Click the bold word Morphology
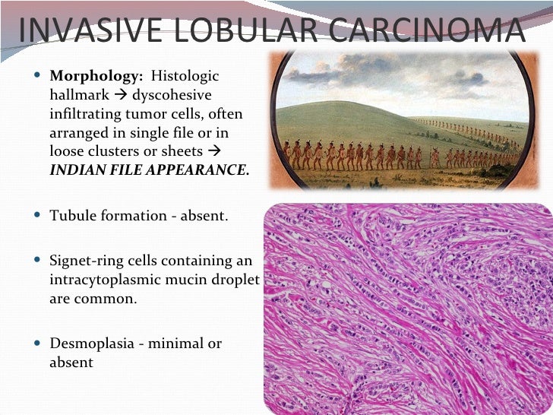point(96,77)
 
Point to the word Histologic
point(185,77)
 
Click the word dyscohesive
point(172,95)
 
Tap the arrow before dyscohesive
point(122,95)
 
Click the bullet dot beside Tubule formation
point(39,216)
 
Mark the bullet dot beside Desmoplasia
point(39,344)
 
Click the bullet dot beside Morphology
point(39,77)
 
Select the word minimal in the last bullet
point(175,344)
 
